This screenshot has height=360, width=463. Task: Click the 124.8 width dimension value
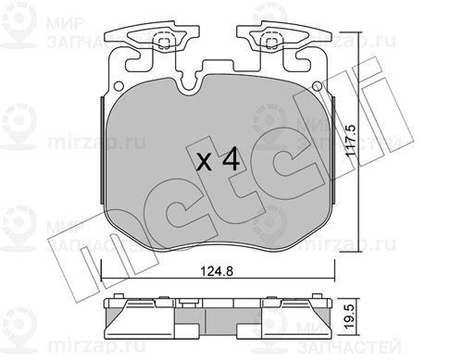click(217, 271)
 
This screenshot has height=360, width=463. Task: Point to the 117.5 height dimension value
click(351, 143)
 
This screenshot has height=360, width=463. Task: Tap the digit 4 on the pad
click(231, 158)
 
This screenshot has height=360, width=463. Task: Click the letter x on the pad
click(205, 163)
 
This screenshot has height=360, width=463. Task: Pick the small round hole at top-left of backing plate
click(119, 86)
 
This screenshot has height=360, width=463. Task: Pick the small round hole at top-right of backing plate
click(317, 86)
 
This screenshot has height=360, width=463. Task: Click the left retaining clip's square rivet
click(164, 43)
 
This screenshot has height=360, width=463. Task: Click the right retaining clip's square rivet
click(271, 43)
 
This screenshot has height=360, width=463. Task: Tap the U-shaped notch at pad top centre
click(188, 86)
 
